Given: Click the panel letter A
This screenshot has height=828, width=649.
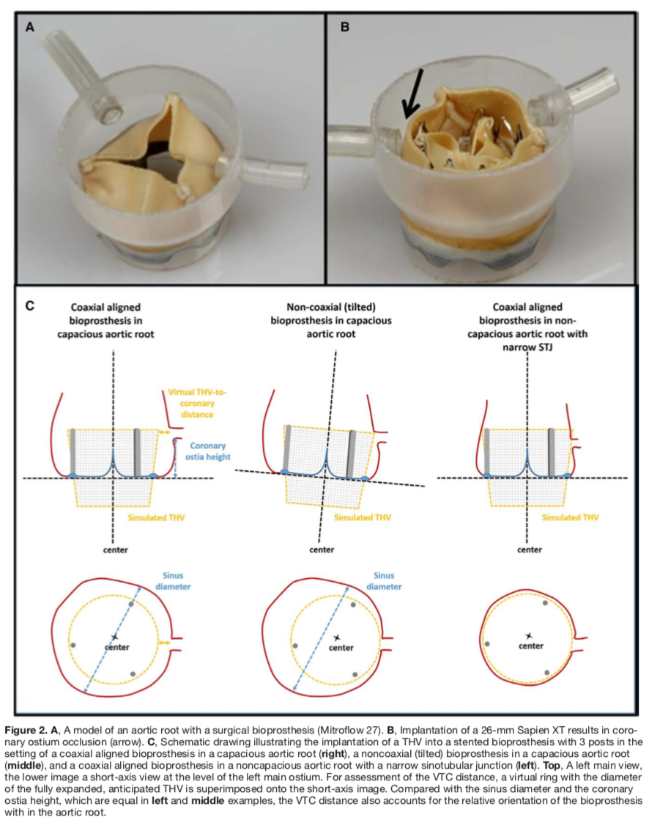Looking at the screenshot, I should [x=30, y=27].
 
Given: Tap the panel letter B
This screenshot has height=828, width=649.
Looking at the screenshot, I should [x=345, y=27].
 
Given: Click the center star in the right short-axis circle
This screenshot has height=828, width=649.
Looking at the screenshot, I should [x=529, y=635].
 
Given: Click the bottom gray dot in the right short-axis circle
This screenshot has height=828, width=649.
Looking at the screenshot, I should [x=546, y=672].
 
